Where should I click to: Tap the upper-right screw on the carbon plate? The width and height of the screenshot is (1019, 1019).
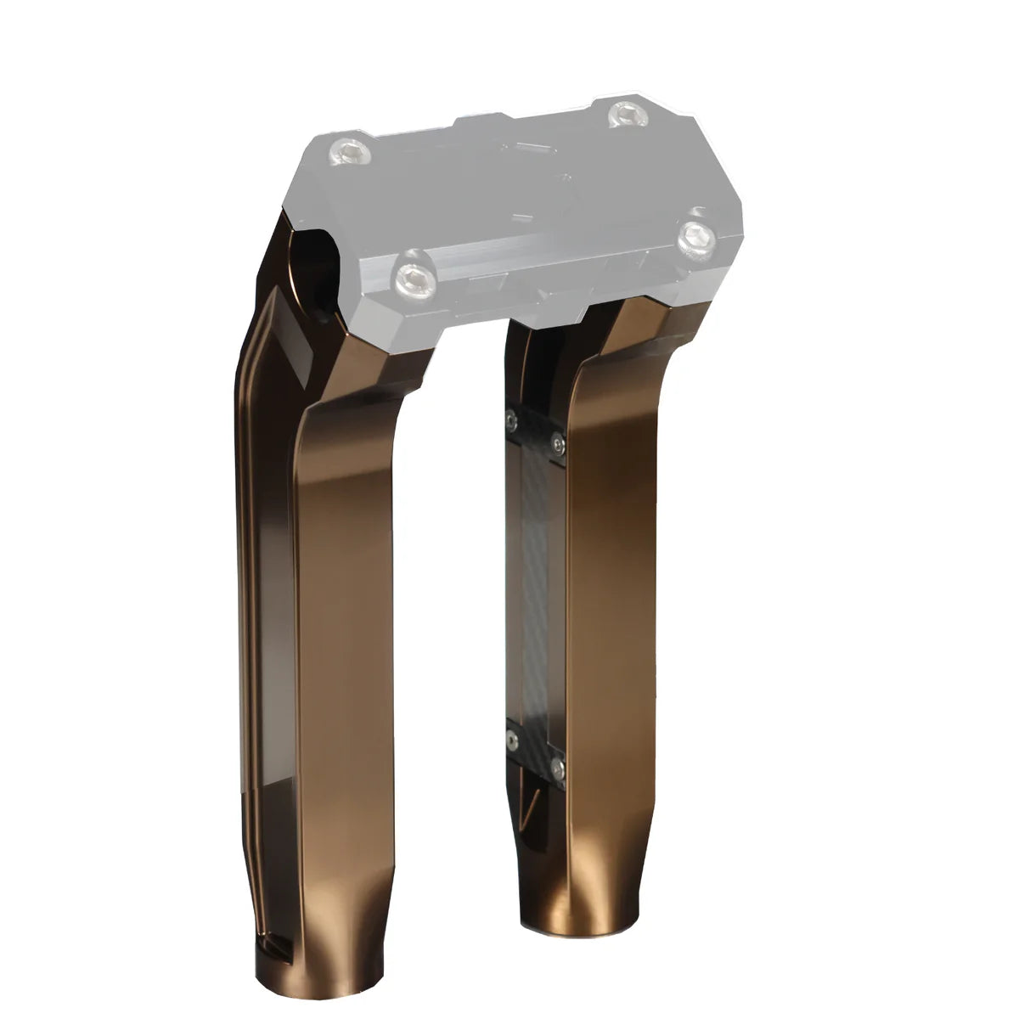coord(557,440)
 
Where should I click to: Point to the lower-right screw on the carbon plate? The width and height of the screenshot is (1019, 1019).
coord(556,768)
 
